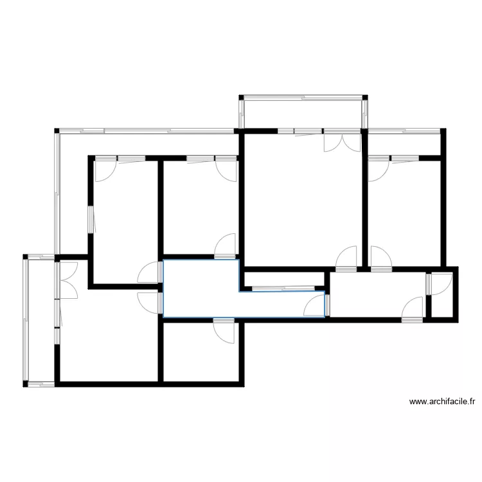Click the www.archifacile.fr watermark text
(x=443, y=402)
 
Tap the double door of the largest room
(x=343, y=141)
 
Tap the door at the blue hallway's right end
(x=317, y=304)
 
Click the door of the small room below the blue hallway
(x=226, y=329)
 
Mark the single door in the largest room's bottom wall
(x=348, y=258)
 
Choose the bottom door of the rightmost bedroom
(x=380, y=258)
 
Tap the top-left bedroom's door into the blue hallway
(x=150, y=272)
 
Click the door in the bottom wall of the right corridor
(x=413, y=309)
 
